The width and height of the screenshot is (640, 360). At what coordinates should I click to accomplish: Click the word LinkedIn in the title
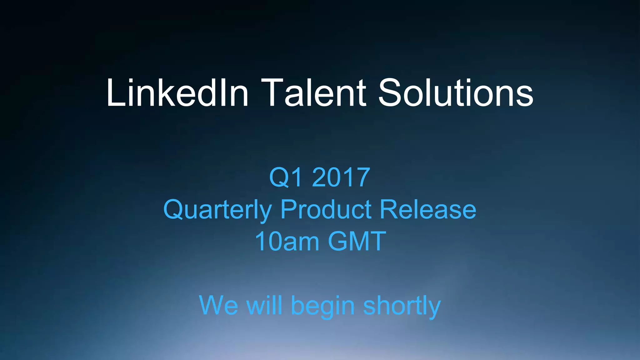point(177,93)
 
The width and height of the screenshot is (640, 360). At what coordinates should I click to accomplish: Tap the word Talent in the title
point(313,93)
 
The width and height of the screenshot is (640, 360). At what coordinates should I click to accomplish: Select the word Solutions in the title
point(456,93)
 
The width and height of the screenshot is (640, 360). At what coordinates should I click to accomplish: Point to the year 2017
point(341,177)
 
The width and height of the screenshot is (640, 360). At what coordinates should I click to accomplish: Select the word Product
point(326,209)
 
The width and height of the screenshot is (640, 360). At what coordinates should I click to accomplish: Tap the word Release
point(428,209)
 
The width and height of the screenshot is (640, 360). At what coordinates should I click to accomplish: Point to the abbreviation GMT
point(357,241)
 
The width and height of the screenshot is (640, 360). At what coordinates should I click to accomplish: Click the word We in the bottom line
point(218,305)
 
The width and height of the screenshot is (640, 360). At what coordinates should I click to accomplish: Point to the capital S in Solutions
point(391,93)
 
